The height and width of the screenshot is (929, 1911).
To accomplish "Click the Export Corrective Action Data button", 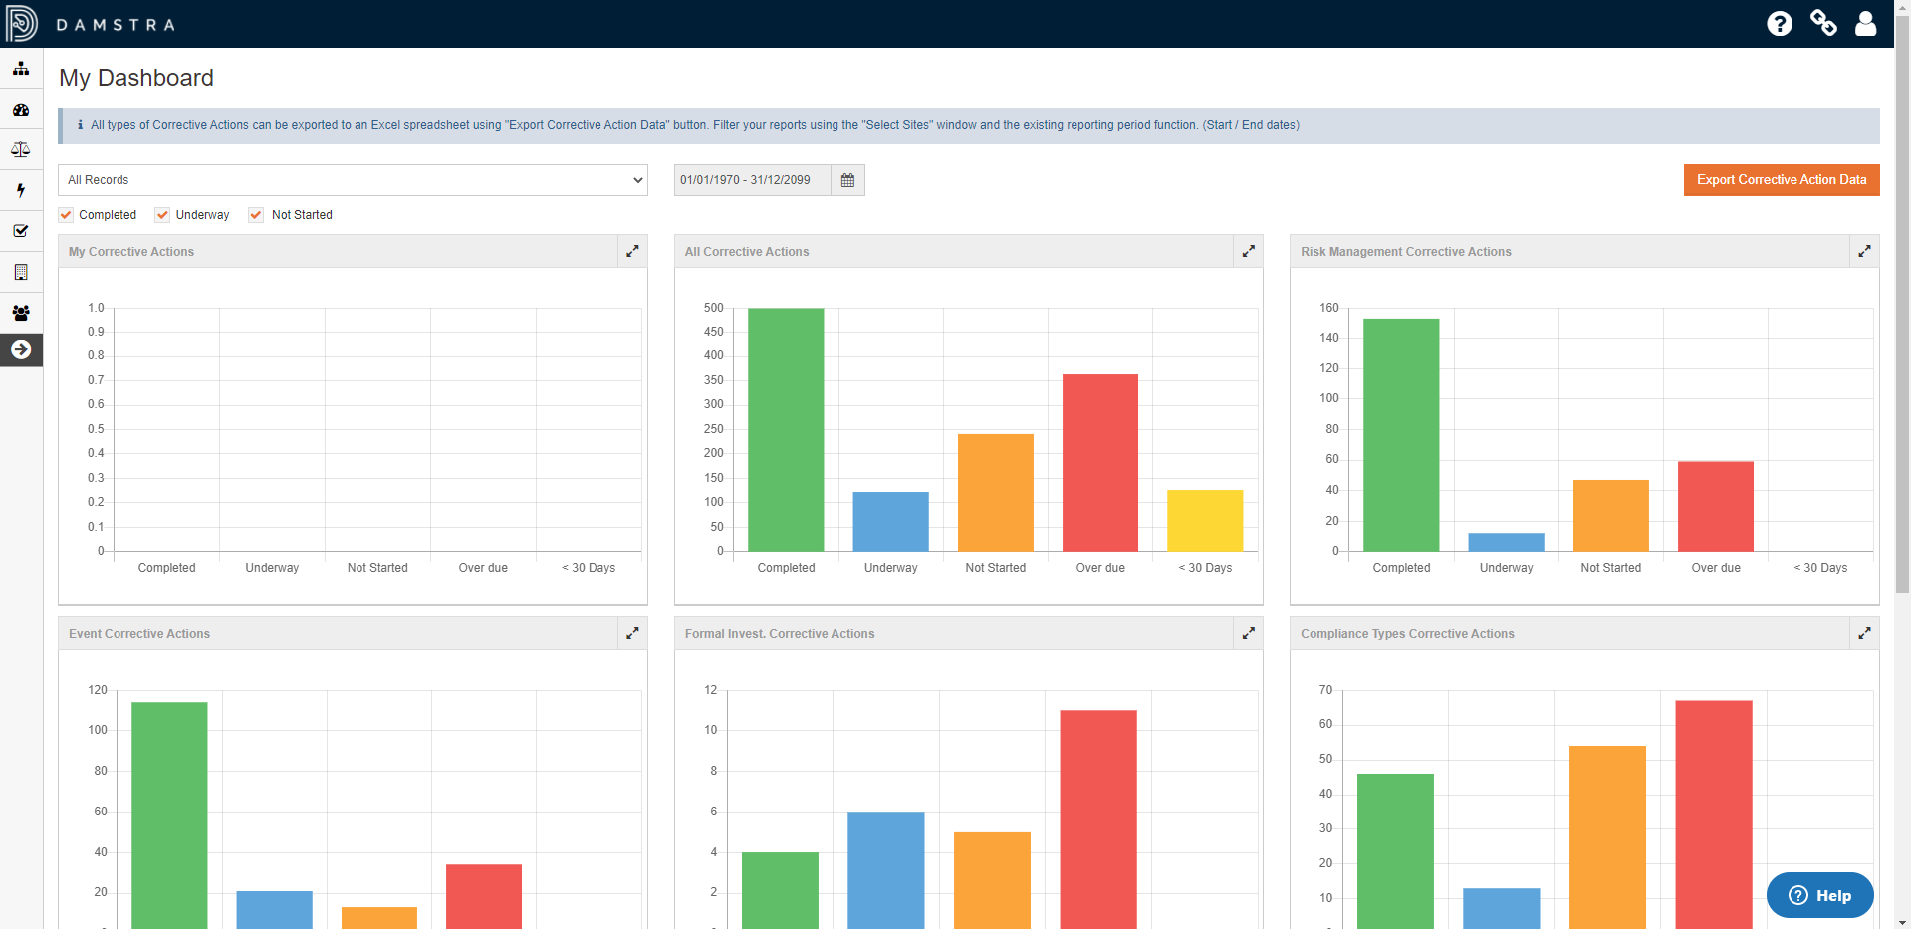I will coord(1781,180).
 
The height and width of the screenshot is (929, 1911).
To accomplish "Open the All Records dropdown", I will coord(353,180).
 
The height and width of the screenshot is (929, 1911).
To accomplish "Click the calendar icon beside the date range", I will coord(847,180).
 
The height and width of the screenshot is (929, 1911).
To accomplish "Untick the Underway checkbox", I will coord(163,215).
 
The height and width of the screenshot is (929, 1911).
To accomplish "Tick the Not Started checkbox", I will coord(256,215).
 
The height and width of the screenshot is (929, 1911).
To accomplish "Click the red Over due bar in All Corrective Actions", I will coord(1099,463).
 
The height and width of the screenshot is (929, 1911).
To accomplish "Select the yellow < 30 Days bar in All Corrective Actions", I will coord(1205,521).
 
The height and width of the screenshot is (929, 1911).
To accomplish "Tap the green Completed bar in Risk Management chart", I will coord(1401,435).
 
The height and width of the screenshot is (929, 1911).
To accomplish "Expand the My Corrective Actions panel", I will coord(632,252).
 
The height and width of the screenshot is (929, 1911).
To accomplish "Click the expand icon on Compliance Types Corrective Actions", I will coord(1864,634).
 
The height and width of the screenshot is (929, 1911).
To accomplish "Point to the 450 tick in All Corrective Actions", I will coord(714,332).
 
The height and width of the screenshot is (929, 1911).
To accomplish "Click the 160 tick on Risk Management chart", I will coord(1329,308).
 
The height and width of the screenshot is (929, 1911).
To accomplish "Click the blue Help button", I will coord(1819,895).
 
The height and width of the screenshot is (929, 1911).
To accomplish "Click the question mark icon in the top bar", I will coord(1780,23).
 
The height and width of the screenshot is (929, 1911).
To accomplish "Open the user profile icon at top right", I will coord(1865,23).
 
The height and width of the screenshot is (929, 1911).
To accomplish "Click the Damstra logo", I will coord(22,23).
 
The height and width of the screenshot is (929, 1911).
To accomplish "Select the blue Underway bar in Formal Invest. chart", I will coord(885,869).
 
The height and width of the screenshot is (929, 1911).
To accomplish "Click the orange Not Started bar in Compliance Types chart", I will coord(1607,836).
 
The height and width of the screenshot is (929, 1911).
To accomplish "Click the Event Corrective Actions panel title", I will coord(139,634).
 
